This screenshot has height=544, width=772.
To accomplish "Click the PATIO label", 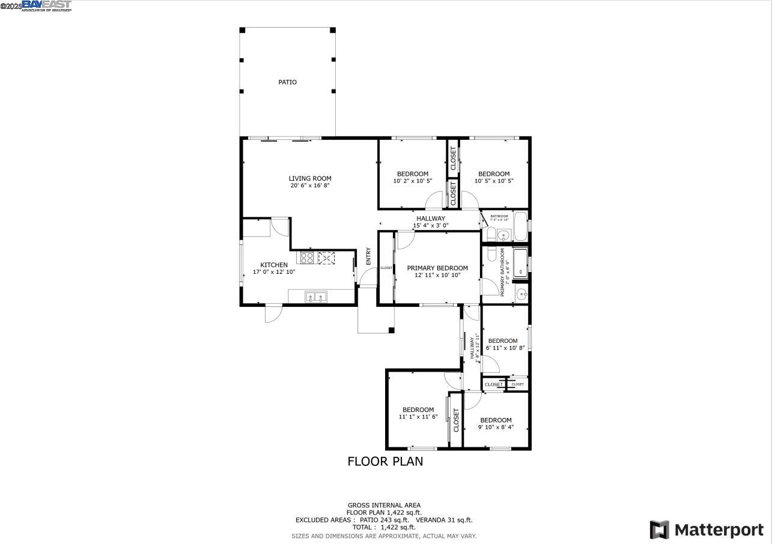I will point(287,82).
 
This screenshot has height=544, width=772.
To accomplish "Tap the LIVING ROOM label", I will point(310,178).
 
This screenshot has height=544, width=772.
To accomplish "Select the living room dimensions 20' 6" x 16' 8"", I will point(310,186).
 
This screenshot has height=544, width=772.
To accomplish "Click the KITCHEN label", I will point(274,265).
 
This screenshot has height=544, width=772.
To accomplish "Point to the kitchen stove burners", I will point(307,258).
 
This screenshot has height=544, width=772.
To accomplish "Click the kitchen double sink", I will point(316,297).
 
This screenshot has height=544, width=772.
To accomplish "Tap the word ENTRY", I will point(368,256).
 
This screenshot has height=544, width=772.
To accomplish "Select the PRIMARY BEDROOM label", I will point(437,268).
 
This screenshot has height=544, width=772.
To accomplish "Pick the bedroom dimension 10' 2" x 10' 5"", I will point(413,181).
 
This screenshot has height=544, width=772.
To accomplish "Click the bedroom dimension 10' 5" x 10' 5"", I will point(494,181).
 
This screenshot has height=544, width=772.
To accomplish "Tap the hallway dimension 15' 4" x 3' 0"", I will point(431,226).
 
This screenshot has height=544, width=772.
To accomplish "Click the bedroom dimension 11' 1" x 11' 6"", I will point(418,417).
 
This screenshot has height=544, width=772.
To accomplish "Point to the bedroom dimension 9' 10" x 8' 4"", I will point(496,428).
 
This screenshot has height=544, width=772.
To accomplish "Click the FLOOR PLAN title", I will point(385,461).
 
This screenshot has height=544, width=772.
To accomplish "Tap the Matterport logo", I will point(707,530).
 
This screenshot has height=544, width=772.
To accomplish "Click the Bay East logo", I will point(47,6).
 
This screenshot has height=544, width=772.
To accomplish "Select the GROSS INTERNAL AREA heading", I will point(384,505).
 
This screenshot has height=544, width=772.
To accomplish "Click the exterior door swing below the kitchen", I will point(273,313).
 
